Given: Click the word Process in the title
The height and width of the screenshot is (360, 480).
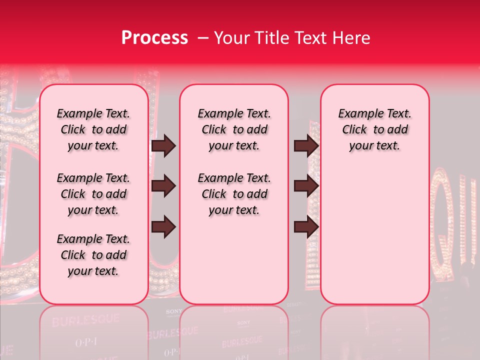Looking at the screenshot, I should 154,38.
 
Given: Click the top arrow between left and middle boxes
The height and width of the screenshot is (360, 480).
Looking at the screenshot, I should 163,145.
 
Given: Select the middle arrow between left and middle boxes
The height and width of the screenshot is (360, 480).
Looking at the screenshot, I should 163,186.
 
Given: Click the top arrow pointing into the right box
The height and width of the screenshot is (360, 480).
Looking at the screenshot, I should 306,145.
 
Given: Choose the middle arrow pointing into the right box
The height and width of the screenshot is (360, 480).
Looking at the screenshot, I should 306,186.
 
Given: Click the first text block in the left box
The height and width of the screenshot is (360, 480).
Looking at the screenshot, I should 93,129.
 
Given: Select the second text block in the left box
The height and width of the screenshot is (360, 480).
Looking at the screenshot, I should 93,194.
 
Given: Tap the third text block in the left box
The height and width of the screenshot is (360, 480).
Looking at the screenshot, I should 93,255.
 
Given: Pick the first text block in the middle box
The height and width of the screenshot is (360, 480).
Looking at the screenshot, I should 234,129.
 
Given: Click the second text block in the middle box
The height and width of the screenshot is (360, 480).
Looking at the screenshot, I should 234,194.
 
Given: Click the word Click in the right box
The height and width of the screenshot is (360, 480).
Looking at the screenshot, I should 354,129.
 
